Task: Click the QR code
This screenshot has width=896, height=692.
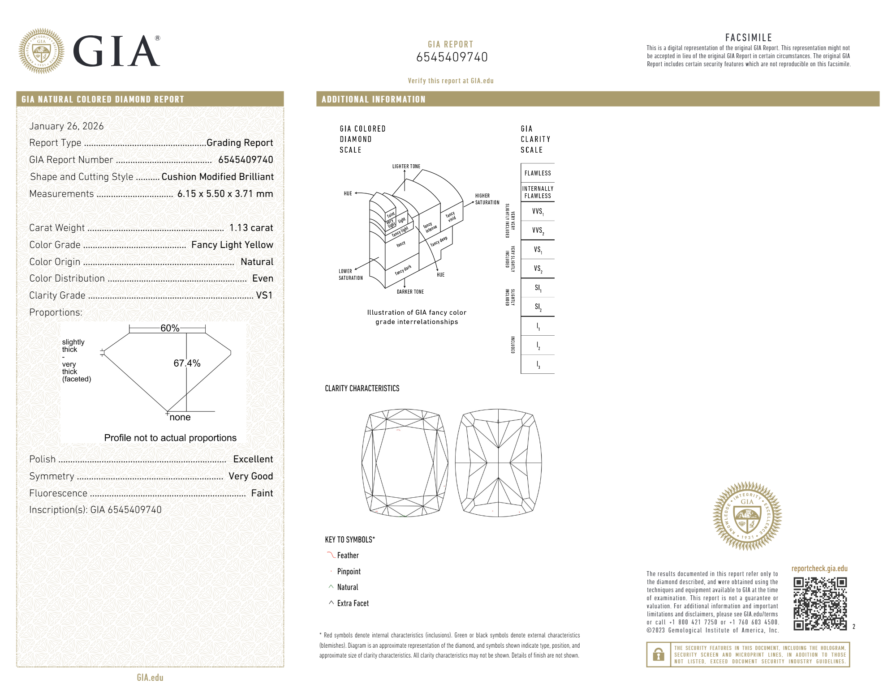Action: (x=820, y=603)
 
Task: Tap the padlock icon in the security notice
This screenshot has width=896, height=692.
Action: (x=658, y=654)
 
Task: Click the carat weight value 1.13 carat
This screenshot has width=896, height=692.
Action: (x=251, y=228)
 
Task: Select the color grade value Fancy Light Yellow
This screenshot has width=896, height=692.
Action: (x=232, y=245)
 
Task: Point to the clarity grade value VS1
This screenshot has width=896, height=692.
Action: (x=264, y=295)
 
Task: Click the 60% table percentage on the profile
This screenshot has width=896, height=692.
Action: (x=170, y=328)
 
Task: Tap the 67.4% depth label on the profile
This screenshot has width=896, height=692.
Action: (x=187, y=363)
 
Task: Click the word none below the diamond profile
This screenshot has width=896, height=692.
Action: (x=180, y=417)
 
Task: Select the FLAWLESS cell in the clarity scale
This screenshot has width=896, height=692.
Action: (x=538, y=173)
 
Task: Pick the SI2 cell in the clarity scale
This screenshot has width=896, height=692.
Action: (x=538, y=307)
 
